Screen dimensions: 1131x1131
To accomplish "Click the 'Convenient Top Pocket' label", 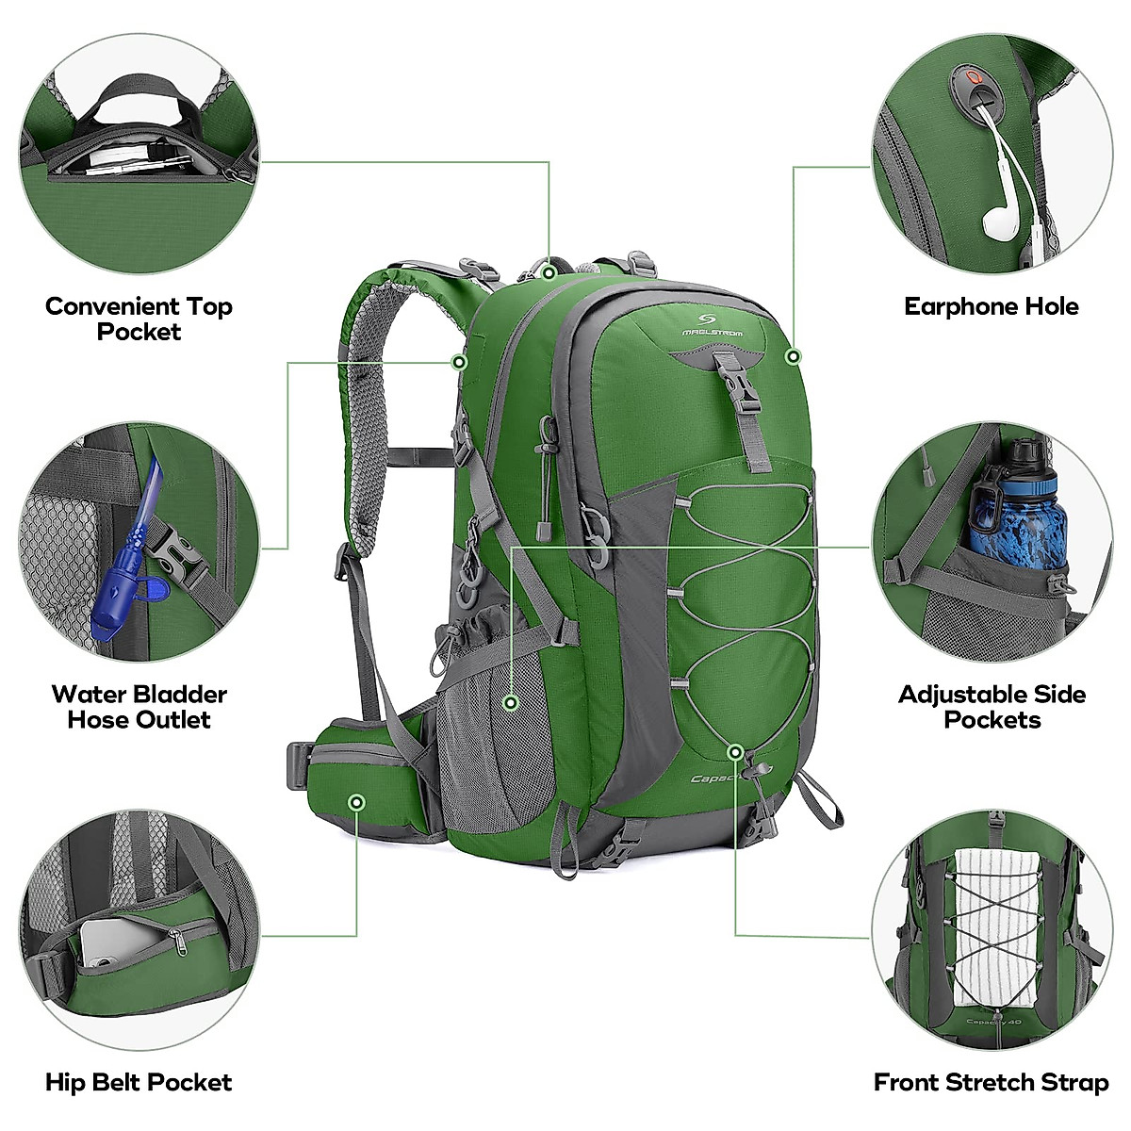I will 139,319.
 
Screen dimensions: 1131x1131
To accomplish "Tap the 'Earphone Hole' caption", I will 991,306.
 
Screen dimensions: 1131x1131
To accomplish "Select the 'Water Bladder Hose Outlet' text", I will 139,707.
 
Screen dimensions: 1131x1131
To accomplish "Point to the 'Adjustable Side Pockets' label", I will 992,707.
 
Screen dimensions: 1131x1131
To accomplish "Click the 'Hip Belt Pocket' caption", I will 139,1082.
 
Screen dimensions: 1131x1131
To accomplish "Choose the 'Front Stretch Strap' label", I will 991,1082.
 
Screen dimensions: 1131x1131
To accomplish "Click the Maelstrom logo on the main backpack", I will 713,325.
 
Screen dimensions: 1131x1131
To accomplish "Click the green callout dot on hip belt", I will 356,802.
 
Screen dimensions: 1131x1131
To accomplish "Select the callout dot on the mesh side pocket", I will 511,702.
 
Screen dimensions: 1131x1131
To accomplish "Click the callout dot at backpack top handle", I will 549,272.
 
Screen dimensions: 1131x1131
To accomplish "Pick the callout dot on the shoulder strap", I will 459,362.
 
